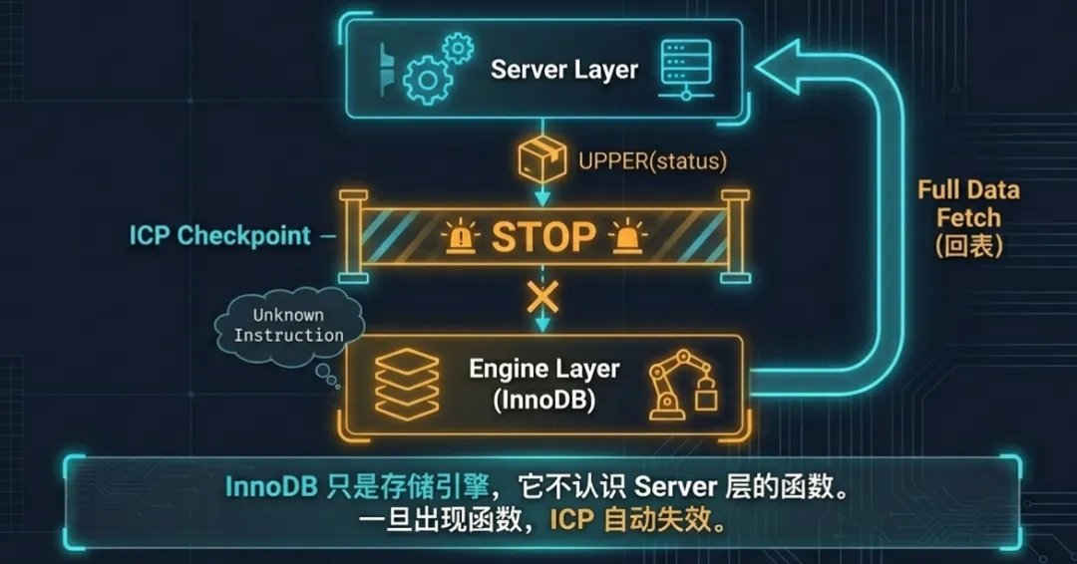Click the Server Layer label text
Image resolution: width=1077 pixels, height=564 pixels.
(x=563, y=71)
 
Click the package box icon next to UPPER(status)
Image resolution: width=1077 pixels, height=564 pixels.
(x=542, y=159)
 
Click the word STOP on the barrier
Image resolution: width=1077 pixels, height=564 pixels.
(x=543, y=237)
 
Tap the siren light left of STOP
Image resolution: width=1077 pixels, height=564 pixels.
(x=461, y=237)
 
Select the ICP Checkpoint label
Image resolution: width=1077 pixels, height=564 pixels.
(x=219, y=236)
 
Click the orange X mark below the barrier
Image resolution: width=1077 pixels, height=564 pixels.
(x=542, y=296)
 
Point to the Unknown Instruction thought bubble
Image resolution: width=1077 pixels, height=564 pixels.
(x=287, y=325)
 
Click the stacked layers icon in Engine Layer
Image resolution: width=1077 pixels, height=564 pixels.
(x=405, y=385)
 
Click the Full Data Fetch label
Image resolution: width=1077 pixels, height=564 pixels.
(x=968, y=203)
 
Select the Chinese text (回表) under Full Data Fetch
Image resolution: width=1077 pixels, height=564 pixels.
(x=968, y=245)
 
